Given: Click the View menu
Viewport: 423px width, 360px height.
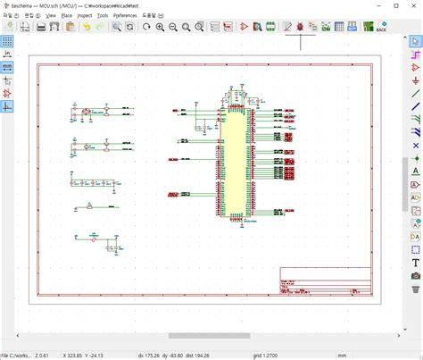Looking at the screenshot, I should coord(51,15).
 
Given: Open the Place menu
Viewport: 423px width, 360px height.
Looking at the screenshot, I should coord(67,15).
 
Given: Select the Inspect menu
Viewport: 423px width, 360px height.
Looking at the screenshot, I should coord(85,15).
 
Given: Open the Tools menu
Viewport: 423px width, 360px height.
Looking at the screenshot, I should coord(103,15).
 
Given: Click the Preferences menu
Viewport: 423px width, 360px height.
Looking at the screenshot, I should coord(125,15).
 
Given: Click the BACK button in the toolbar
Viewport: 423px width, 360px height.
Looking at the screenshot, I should coord(381,28).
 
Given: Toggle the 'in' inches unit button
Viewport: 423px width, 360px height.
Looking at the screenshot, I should coord(7,54).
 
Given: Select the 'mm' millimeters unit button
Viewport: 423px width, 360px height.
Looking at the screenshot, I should coord(7,67).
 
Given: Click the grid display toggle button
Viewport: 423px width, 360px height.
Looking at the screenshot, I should coord(7,41).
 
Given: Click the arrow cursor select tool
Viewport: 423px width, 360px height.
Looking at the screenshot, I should coord(416,41).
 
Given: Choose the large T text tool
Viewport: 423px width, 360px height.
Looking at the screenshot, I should coord(416,264).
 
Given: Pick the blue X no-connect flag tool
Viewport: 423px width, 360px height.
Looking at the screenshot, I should coord(416,145).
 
